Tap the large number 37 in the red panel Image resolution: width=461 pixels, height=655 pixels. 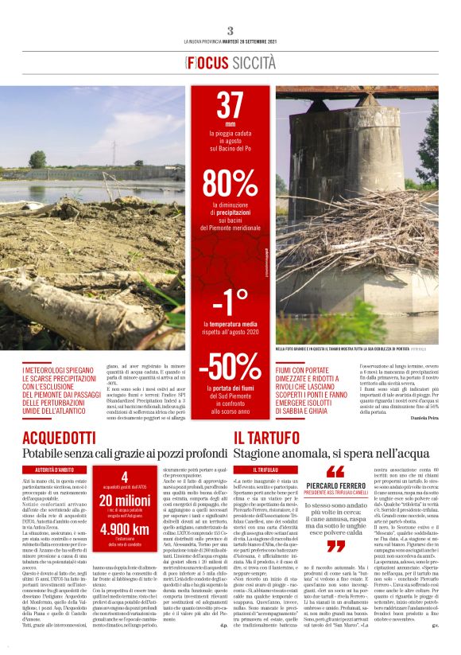point(230,105)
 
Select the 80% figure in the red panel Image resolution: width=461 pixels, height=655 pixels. point(230,183)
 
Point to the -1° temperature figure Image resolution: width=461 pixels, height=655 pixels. point(230,303)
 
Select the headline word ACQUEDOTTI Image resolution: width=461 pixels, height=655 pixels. point(60,438)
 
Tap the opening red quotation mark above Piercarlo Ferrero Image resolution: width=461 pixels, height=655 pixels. point(336,471)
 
